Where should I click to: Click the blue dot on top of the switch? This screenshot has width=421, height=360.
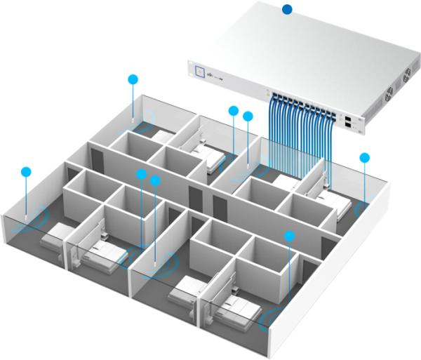click(286, 9)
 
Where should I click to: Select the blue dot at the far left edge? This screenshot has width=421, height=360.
click(27, 171)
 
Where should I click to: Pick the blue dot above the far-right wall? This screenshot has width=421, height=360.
click(364, 157)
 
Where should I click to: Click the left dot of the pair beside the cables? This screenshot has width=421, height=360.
click(234, 110)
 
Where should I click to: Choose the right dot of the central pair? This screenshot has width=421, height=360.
click(156, 180)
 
